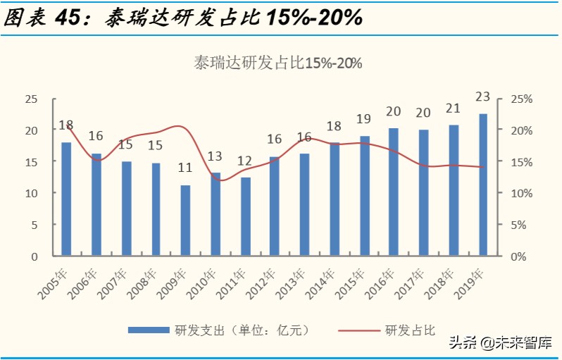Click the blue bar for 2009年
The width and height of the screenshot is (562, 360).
click(x=185, y=220)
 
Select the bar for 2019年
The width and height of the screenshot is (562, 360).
click(x=483, y=184)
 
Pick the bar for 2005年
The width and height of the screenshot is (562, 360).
click(x=66, y=198)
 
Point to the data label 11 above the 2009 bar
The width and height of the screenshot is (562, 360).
click(x=185, y=168)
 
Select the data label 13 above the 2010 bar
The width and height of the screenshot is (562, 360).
click(x=216, y=156)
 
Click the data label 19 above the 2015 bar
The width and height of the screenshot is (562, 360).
click(x=364, y=119)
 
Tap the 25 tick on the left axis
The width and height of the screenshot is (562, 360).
click(x=30, y=99)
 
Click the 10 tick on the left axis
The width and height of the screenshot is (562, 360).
click(x=30, y=193)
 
